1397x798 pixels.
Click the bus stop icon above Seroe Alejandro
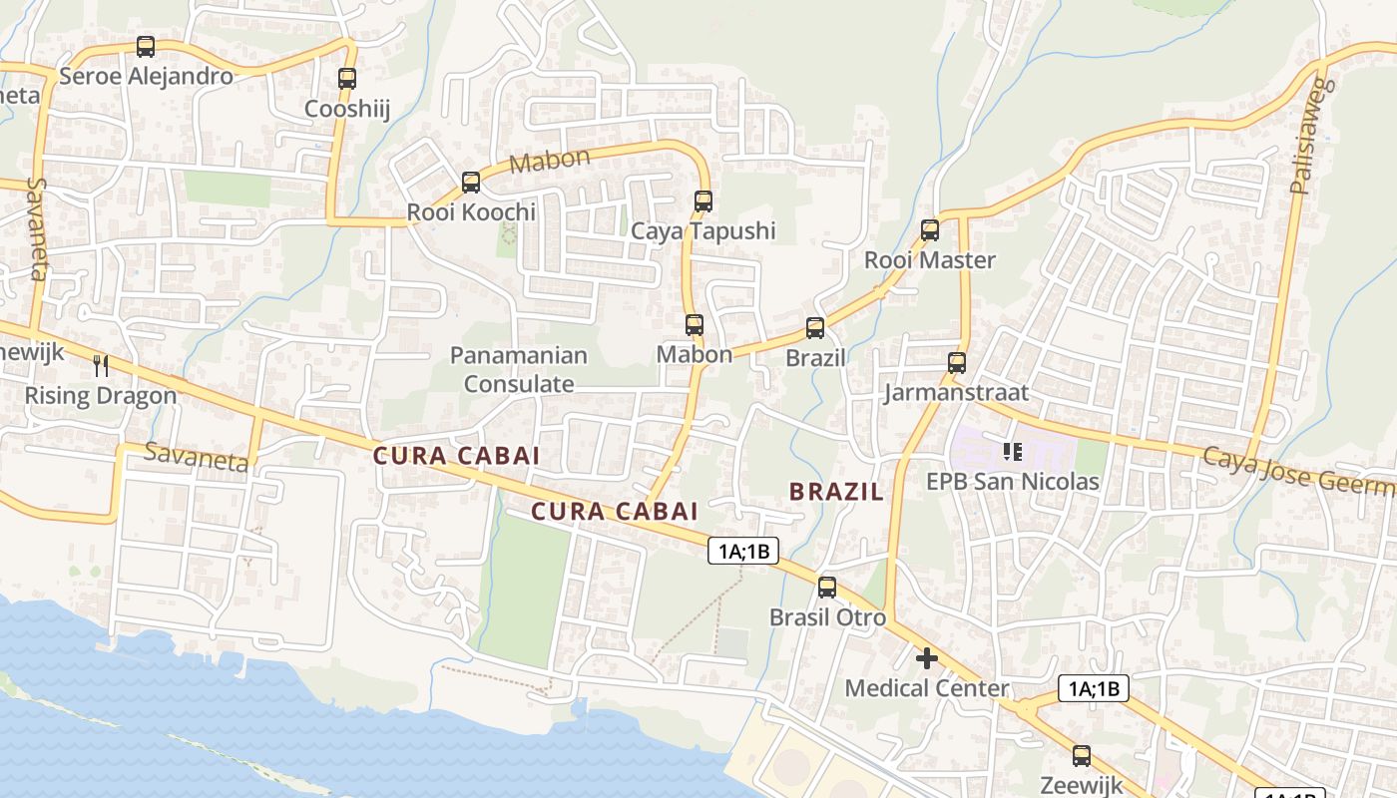click(146, 46)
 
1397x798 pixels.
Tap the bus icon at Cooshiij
click(346, 78)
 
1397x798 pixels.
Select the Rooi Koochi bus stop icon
click(471, 183)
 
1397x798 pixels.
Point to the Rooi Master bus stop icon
click(930, 230)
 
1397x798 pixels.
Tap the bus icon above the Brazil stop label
click(815, 327)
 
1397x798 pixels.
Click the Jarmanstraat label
click(956, 392)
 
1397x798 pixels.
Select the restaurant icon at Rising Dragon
click(100, 366)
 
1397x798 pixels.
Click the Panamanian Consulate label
click(518, 369)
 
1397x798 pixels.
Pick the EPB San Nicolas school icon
click(1013, 452)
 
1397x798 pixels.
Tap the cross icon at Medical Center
click(927, 658)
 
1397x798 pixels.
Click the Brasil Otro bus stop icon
click(827, 588)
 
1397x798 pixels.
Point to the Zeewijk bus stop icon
click(1082, 755)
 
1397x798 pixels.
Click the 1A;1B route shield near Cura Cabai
click(743, 551)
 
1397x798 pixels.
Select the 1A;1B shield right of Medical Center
click(1094, 688)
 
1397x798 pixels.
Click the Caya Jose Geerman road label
click(1297, 471)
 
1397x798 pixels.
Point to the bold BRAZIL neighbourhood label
click(836, 491)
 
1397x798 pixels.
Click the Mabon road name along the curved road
click(550, 160)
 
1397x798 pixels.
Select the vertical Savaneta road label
click(39, 229)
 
